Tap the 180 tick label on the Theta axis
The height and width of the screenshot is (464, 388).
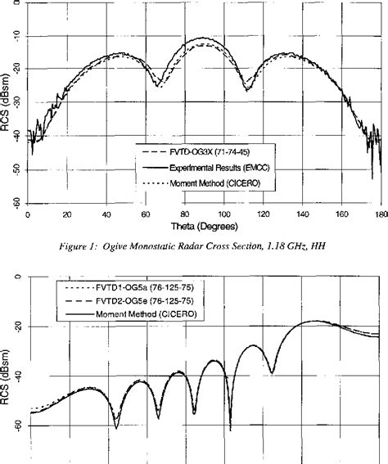click(x=380, y=214)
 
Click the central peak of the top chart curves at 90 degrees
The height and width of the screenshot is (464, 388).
click(x=204, y=38)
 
